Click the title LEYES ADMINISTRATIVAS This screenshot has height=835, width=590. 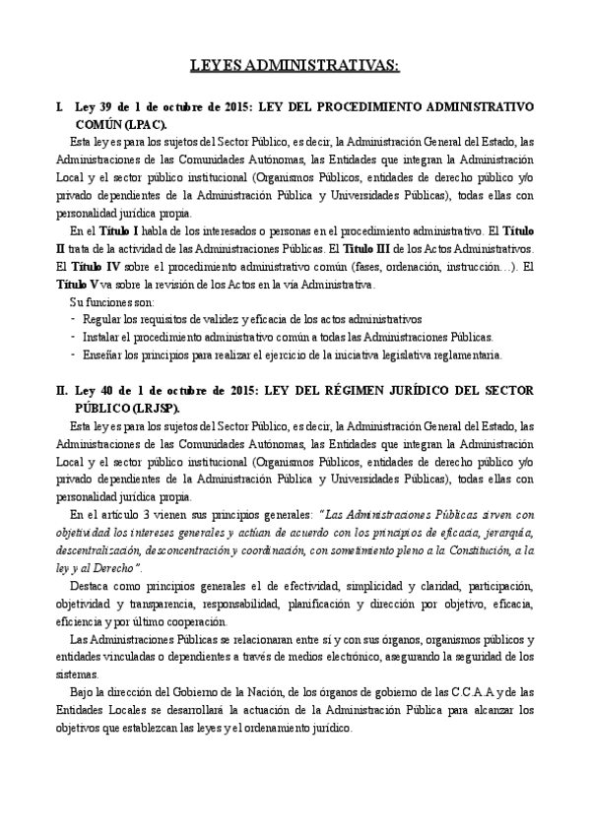tap(295, 66)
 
